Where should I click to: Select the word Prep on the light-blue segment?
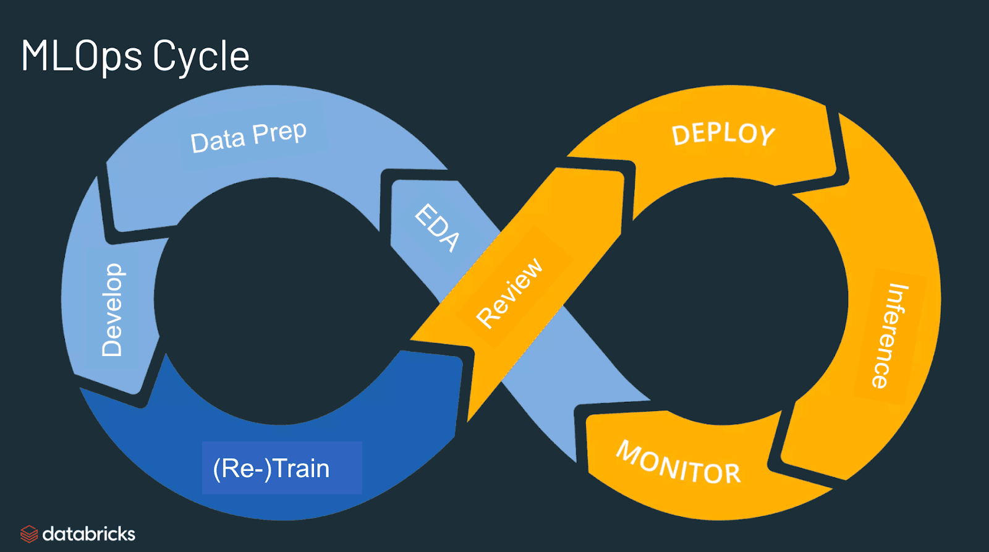pos(279,132)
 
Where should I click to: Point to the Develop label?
pos(112,310)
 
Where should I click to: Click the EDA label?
pos(437,227)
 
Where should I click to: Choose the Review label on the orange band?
pos(509,292)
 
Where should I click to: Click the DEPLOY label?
pos(723,134)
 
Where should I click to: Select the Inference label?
pos(889,336)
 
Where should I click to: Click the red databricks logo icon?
pos(29,533)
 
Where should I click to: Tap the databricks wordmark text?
pos(88,533)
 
